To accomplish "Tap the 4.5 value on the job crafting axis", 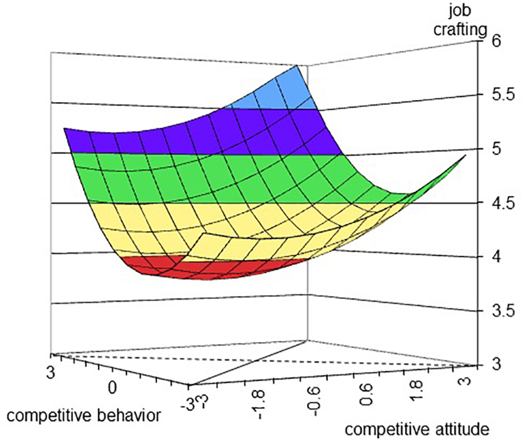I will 503,203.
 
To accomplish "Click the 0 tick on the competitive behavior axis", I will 113,386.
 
